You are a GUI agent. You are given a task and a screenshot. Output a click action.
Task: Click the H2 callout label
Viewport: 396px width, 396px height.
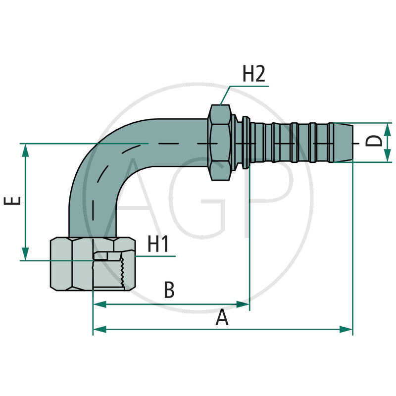coord(254,74)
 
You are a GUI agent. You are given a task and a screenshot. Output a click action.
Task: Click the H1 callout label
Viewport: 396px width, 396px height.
coord(159,244)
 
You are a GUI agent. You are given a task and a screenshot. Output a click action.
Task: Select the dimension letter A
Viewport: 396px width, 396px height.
coord(222,318)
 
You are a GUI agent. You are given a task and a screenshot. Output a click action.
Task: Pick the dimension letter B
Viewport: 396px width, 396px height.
coord(169,291)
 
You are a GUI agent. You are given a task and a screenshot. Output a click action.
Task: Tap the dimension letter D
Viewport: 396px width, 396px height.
coord(374,142)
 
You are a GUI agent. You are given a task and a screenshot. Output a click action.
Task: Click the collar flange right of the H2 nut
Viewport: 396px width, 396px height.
coord(244,142)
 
